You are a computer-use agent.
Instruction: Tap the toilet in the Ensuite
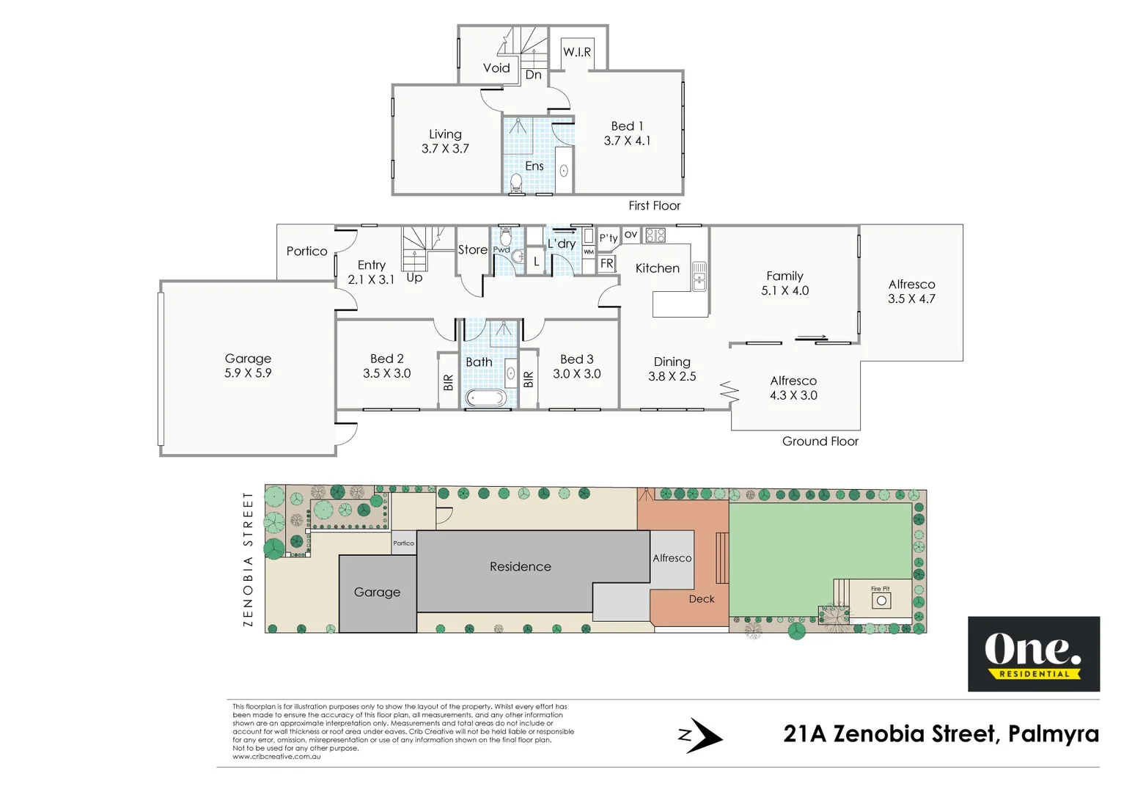515,182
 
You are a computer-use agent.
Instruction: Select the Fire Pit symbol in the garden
881,601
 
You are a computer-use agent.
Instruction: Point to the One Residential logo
1033,653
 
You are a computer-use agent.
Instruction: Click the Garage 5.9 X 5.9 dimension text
248,373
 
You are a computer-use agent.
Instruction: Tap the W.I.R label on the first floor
577,52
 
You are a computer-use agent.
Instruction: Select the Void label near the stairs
496,68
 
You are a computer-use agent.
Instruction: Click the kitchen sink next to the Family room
699,276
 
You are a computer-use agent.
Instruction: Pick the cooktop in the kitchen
655,235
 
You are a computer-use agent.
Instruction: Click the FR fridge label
606,263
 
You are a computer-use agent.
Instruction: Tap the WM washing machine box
589,252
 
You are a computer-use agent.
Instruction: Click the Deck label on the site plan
701,599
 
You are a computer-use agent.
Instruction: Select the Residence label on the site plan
520,567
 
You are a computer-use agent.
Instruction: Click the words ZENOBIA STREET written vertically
248,559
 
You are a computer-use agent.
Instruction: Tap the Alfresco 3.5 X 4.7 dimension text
911,299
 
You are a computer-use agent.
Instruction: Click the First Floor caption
654,206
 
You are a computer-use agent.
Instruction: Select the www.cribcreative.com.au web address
276,756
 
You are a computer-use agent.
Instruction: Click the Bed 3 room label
576,359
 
